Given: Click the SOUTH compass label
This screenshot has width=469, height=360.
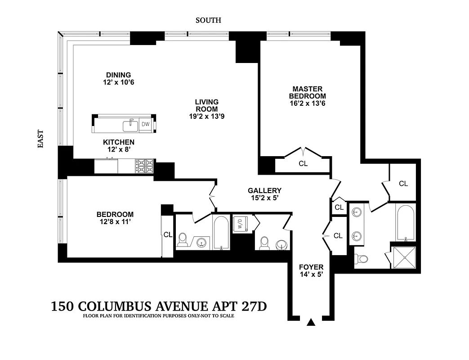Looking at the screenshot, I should [x=208, y=20].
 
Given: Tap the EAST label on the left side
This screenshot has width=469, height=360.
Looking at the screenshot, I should [x=40, y=139].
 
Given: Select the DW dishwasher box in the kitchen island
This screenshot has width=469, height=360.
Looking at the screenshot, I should [x=145, y=124].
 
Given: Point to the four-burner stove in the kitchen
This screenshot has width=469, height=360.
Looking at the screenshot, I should [x=144, y=166].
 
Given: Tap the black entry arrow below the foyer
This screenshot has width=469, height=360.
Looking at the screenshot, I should [x=311, y=322].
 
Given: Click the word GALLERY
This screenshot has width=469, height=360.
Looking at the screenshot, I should [x=264, y=190].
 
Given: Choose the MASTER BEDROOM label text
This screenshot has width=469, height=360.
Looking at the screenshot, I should [x=308, y=93].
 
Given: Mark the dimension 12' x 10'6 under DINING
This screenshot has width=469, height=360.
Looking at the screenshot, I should [x=119, y=82].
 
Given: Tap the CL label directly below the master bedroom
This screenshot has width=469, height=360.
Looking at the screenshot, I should [x=303, y=164].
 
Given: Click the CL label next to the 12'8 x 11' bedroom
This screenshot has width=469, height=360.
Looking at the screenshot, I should [x=168, y=234].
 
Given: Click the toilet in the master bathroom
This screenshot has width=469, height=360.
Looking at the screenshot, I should [x=361, y=259].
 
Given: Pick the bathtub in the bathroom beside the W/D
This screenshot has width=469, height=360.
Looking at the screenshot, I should [x=221, y=232].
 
